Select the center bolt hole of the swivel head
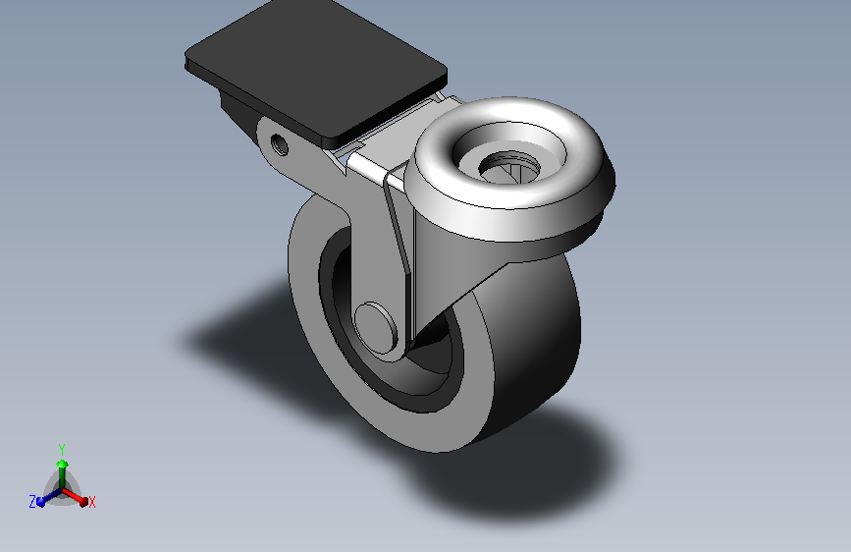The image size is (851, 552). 511,167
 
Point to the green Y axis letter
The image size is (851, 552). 61,447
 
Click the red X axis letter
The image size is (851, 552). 92,502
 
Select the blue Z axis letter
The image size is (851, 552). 32,502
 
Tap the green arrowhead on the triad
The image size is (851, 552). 61,463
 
